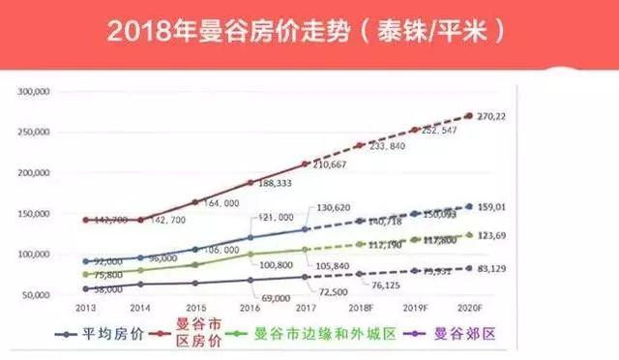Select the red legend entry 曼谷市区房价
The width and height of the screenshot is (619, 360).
pos(195,335)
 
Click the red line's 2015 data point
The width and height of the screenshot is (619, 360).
pos(196,202)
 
